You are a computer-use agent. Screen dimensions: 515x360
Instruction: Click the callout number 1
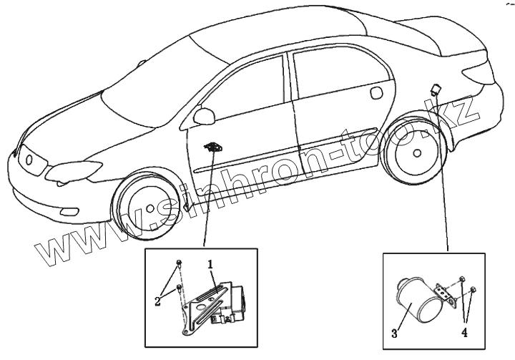211,264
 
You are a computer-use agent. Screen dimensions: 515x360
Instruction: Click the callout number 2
157,301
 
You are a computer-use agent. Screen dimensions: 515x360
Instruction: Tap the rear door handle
378,92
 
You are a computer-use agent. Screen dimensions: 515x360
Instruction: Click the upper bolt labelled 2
180,262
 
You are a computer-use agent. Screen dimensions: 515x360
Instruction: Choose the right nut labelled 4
474,289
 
